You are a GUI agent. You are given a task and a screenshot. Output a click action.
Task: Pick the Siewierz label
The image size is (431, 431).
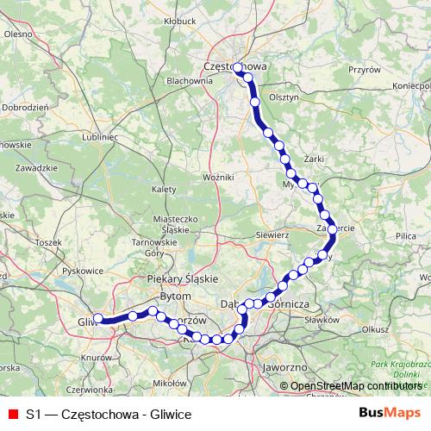pos(272,234)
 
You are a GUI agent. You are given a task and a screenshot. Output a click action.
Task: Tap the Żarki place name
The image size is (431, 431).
pos(312,159)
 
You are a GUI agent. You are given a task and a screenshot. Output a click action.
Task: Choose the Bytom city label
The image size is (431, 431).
pos(175,296)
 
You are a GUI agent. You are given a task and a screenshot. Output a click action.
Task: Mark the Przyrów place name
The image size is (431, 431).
pos(364,68)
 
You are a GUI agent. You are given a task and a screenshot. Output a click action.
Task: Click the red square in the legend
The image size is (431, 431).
pos(12,413)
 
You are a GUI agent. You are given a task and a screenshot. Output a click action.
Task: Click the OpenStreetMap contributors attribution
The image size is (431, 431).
pos(354,386)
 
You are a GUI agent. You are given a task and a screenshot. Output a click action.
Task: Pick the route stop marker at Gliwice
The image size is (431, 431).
pos(98,318)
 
